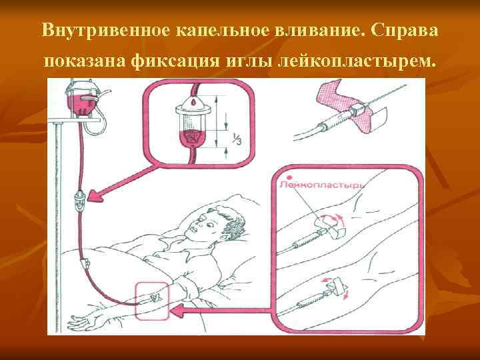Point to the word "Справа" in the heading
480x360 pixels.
click(x=404, y=31)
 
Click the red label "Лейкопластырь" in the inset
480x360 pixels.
click(x=313, y=184)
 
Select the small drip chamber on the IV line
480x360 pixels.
click(x=80, y=201)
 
